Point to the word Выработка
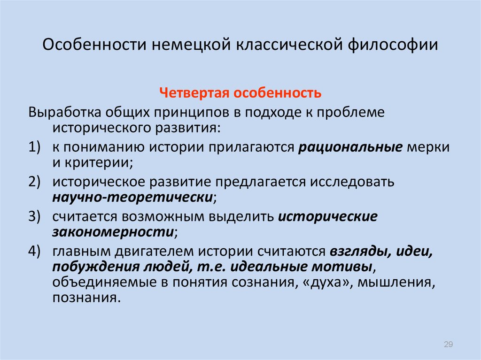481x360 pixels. (65, 112)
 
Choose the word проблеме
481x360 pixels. (350, 113)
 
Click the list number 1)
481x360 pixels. (34, 147)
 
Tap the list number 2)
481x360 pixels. (34, 182)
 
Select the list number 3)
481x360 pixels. (34, 216)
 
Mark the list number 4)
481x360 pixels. (34, 252)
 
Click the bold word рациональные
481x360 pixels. (350, 148)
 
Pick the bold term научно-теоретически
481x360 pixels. (132, 197)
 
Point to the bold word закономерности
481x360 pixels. (113, 232)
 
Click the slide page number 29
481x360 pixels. (448, 345)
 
